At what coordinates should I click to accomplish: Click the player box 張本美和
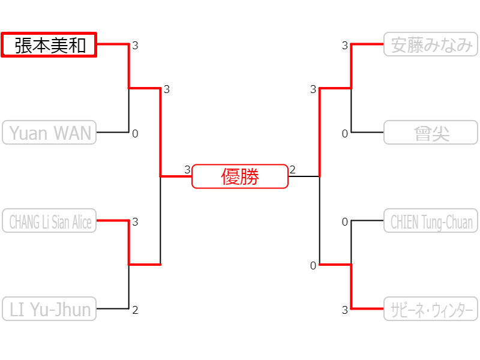(49, 45)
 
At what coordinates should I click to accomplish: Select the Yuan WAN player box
(49, 132)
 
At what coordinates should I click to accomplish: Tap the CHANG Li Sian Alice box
(49, 221)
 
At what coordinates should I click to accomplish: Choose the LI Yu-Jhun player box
(49, 309)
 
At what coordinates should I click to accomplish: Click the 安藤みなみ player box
(431, 44)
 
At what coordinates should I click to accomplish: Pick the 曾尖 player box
(431, 133)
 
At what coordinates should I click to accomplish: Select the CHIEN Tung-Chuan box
(431, 221)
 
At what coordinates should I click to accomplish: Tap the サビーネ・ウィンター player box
(431, 309)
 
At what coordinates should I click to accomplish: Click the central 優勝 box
(240, 176)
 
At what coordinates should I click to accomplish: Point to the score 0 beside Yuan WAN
(135, 134)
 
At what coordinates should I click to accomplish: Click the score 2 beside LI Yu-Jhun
(135, 310)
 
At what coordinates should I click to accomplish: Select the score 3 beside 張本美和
(135, 46)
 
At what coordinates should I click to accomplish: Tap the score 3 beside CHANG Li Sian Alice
(135, 222)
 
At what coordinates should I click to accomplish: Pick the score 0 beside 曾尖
(345, 134)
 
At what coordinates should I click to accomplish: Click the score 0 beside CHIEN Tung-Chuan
(345, 222)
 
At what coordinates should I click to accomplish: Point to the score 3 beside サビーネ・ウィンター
(345, 310)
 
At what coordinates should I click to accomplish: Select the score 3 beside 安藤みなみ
(345, 46)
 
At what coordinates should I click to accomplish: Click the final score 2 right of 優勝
(293, 170)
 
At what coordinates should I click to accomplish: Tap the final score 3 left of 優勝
(187, 170)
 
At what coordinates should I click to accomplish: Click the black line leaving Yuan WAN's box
(113, 132)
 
